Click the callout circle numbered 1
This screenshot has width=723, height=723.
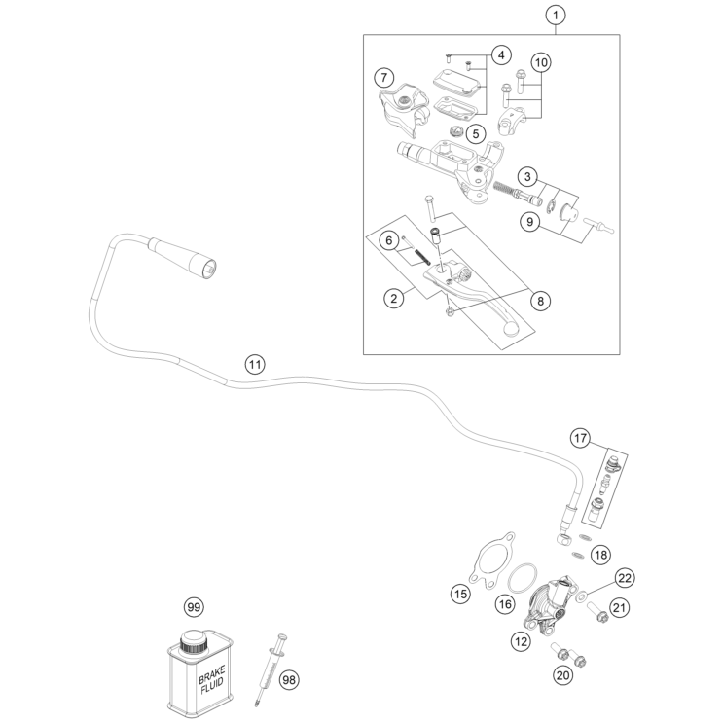pyautogui.click(x=556, y=16)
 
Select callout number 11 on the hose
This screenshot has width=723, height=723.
pyautogui.click(x=254, y=365)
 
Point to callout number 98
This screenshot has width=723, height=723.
pyautogui.click(x=287, y=679)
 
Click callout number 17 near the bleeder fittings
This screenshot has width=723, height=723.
pyautogui.click(x=580, y=439)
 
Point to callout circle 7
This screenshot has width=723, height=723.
pyautogui.click(x=384, y=76)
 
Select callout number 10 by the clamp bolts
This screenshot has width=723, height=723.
pyautogui.click(x=540, y=62)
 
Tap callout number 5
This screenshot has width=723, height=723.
pyautogui.click(x=474, y=132)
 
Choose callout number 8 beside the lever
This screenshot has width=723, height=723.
pyautogui.click(x=538, y=301)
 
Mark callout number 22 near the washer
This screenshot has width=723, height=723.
pyautogui.click(x=625, y=578)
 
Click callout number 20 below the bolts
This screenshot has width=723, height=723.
pyautogui.click(x=560, y=675)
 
